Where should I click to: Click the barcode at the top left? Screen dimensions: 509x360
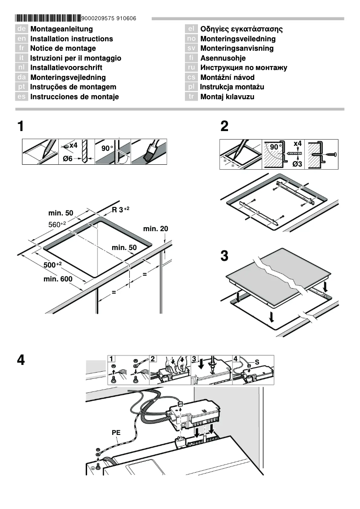click(x=48, y=18)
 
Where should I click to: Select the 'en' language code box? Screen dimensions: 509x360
click(x=21, y=39)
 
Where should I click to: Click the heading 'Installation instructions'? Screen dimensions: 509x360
click(x=71, y=39)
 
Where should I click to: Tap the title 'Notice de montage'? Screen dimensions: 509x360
click(x=63, y=48)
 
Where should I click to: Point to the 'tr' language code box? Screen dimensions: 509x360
click(x=191, y=97)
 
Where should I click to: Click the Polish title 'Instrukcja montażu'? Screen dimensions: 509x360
click(x=232, y=87)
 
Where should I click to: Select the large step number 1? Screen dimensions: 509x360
click(x=20, y=126)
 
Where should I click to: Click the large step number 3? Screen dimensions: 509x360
click(x=224, y=256)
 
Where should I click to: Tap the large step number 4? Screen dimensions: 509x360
click(x=21, y=360)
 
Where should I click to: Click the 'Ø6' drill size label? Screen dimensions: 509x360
click(x=67, y=158)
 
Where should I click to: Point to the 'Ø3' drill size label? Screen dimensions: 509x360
click(x=297, y=164)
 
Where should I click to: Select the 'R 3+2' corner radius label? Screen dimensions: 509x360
click(x=121, y=210)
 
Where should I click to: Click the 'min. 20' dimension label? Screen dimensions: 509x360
click(x=155, y=229)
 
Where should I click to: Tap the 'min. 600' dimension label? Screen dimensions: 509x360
click(x=58, y=279)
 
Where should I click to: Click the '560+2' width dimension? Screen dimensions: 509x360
click(x=57, y=224)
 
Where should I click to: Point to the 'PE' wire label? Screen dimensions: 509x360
click(x=116, y=433)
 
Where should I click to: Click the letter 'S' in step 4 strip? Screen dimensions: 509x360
click(x=257, y=361)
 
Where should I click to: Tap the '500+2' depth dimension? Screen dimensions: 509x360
click(x=53, y=265)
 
